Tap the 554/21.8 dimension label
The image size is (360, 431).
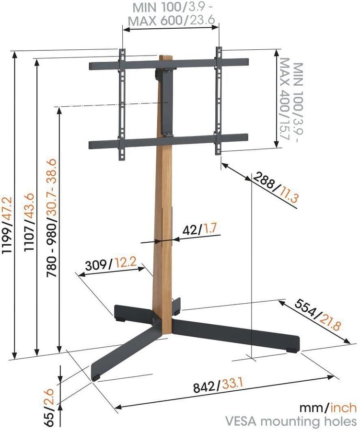(x=318, y=315)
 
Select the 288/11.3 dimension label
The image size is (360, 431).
(x=275, y=187)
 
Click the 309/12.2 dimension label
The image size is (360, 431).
(x=111, y=264)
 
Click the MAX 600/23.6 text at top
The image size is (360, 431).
(x=172, y=21)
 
